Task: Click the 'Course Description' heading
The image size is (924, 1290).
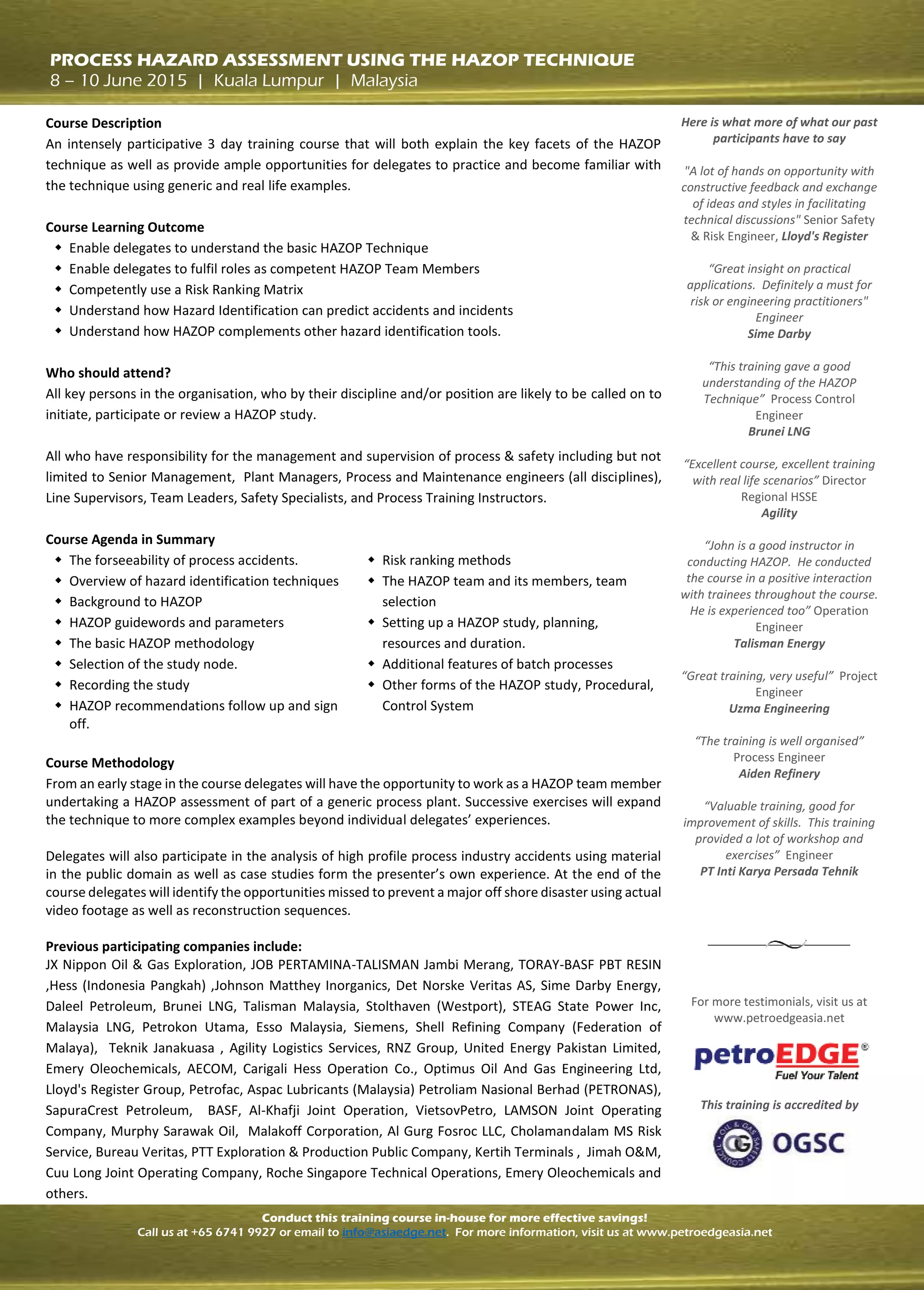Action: tap(103, 123)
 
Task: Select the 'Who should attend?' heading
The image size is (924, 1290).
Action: tap(108, 373)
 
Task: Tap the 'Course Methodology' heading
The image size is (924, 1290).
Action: tap(110, 763)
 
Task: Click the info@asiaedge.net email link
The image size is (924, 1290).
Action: tap(394, 1232)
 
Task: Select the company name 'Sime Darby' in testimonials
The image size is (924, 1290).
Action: tap(779, 334)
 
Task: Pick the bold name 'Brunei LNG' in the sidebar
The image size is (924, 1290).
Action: tap(779, 432)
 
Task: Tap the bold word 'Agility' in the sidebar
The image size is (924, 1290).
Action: tap(779, 513)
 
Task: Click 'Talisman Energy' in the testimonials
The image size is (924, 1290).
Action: tap(779, 643)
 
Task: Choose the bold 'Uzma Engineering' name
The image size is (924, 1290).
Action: tap(779, 709)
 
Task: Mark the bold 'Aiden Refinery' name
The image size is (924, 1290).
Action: tap(779, 774)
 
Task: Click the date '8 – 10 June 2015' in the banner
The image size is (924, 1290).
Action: tap(118, 81)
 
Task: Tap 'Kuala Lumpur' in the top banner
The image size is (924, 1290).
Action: tap(268, 81)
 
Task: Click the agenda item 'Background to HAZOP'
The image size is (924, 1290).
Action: tap(135, 602)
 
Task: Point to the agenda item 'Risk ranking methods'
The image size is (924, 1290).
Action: tap(446, 560)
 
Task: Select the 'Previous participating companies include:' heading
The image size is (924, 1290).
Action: tap(173, 947)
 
